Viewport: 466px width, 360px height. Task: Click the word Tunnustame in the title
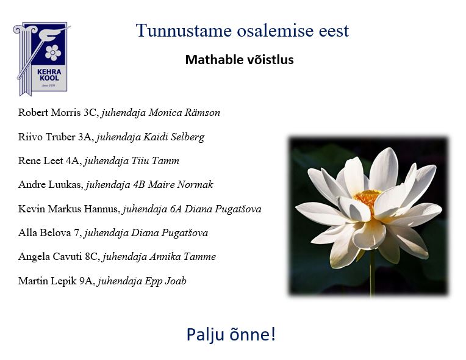184,31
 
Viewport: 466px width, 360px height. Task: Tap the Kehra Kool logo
41,59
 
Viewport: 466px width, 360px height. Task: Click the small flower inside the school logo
53,52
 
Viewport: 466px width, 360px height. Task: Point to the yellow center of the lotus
367,198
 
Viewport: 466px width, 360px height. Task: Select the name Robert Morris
49,112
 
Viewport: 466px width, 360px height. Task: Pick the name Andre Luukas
49,184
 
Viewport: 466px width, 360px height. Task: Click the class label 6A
176,209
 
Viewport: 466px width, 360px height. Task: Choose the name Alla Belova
45,232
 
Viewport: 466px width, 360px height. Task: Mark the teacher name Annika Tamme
182,256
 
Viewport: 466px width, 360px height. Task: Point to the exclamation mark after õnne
273,334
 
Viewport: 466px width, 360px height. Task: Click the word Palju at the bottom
205,334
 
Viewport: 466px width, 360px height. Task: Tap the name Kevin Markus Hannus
68,209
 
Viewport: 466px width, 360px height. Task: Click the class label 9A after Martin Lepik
86,281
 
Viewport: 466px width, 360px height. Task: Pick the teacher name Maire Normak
181,184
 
